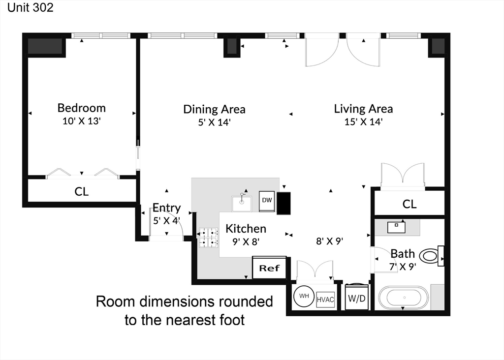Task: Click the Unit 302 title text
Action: (30, 7)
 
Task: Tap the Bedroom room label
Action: (81, 108)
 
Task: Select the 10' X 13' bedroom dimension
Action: (82, 121)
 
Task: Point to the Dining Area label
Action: (215, 109)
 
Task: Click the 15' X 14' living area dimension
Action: (363, 121)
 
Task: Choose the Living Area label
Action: (363, 109)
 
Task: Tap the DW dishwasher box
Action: (267, 201)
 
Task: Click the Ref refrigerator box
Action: (269, 268)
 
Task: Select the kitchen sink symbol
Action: (242, 203)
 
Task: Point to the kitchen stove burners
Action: (208, 238)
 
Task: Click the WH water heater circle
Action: (304, 296)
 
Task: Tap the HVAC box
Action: (325, 300)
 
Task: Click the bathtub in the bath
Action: (404, 298)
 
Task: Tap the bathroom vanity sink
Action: (396, 227)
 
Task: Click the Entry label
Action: (166, 208)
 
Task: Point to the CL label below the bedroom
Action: (81, 192)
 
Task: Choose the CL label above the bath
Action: (409, 204)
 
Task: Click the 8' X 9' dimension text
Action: (329, 241)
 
